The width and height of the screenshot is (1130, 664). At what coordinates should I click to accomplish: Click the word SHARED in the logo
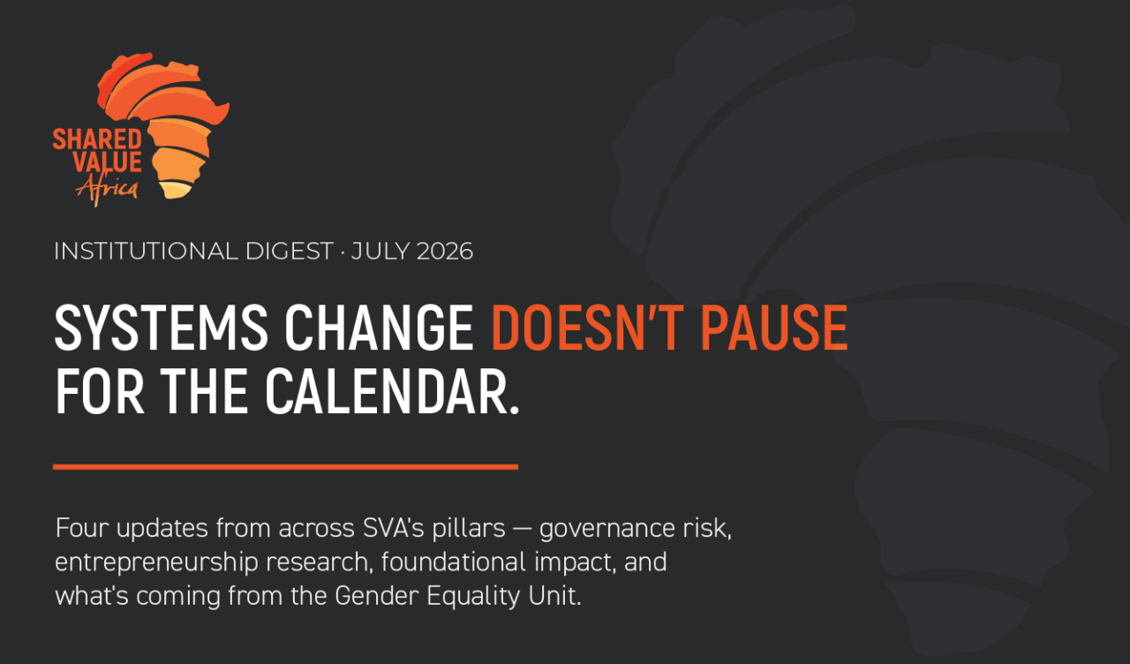coord(97,140)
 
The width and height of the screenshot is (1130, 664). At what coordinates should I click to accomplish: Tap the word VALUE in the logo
coord(108,162)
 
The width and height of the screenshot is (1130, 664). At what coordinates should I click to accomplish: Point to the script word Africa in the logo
coord(107,190)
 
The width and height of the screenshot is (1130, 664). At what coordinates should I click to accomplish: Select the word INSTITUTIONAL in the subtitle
coord(146,252)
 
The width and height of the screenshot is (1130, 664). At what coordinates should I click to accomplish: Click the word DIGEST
coord(290,252)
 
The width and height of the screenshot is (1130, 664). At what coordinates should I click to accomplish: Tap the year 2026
coord(445,252)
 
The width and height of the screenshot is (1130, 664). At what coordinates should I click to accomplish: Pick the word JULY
coord(380,252)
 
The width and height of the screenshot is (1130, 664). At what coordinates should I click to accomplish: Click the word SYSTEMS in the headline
coord(161,328)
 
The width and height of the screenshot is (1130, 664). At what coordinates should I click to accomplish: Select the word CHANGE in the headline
coord(379,328)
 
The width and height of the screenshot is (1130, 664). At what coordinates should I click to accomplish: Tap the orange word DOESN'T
coord(588,328)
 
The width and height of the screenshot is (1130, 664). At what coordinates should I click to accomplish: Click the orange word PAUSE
coord(774,328)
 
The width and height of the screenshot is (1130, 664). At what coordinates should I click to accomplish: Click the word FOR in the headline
coord(100,391)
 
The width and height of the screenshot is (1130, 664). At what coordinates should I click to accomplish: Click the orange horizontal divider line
coord(285,467)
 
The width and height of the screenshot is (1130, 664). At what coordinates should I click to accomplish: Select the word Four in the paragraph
coord(82,528)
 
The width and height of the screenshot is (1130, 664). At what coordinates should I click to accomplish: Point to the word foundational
coord(454,562)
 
